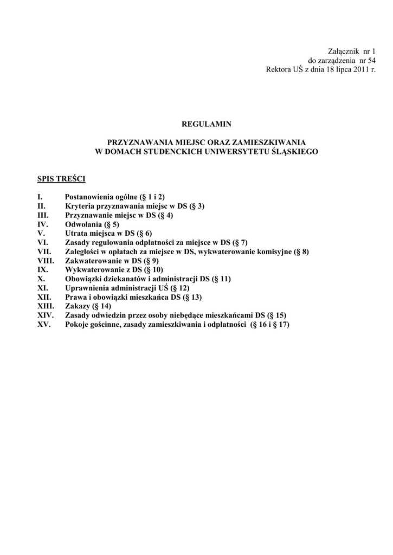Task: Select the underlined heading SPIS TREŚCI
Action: click(x=58, y=178)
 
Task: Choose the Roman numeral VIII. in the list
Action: click(x=46, y=261)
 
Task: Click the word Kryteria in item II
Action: click(x=80, y=206)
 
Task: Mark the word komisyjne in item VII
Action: click(x=274, y=251)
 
